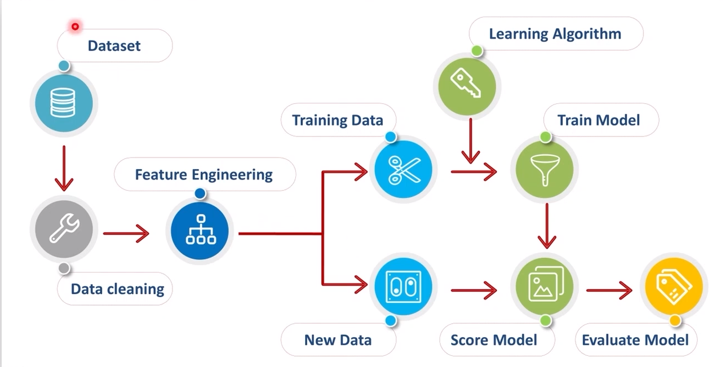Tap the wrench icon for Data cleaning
64,230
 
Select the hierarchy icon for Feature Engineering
200,230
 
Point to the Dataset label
114,45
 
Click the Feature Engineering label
204,175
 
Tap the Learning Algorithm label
555,34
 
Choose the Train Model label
599,120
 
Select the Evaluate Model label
635,339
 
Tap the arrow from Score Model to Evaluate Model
609,289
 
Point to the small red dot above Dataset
75,26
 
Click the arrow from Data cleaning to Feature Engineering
126,233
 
